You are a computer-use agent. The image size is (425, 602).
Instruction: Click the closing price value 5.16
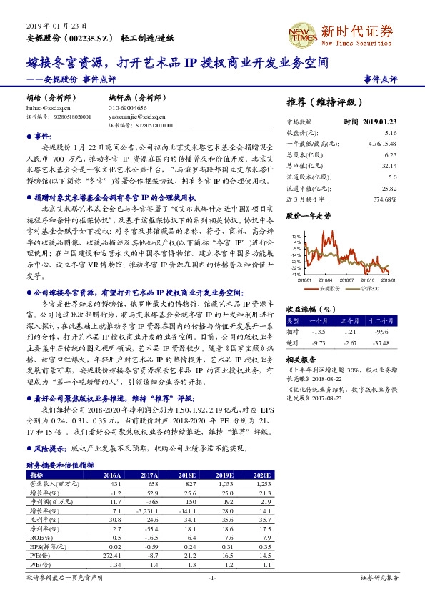390,132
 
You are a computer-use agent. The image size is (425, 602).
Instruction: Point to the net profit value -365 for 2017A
149,502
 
